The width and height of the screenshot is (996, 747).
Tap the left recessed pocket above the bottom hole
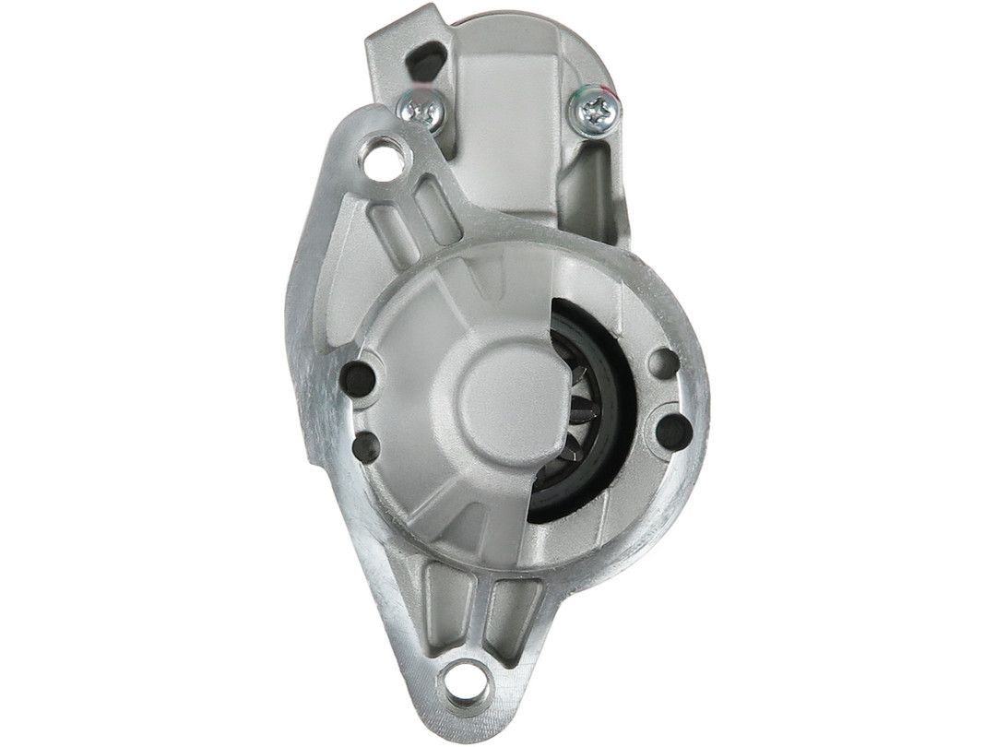click(x=442, y=594)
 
